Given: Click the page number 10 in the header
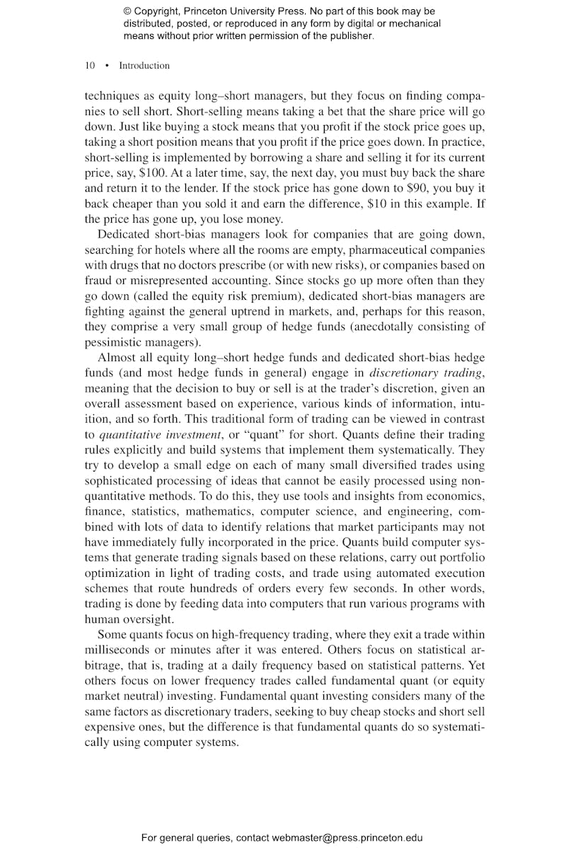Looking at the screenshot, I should coord(90,66).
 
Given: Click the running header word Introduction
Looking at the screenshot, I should coord(144,66).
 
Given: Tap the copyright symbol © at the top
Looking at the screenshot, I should coord(127,11).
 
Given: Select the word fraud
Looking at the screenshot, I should coord(98,281).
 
